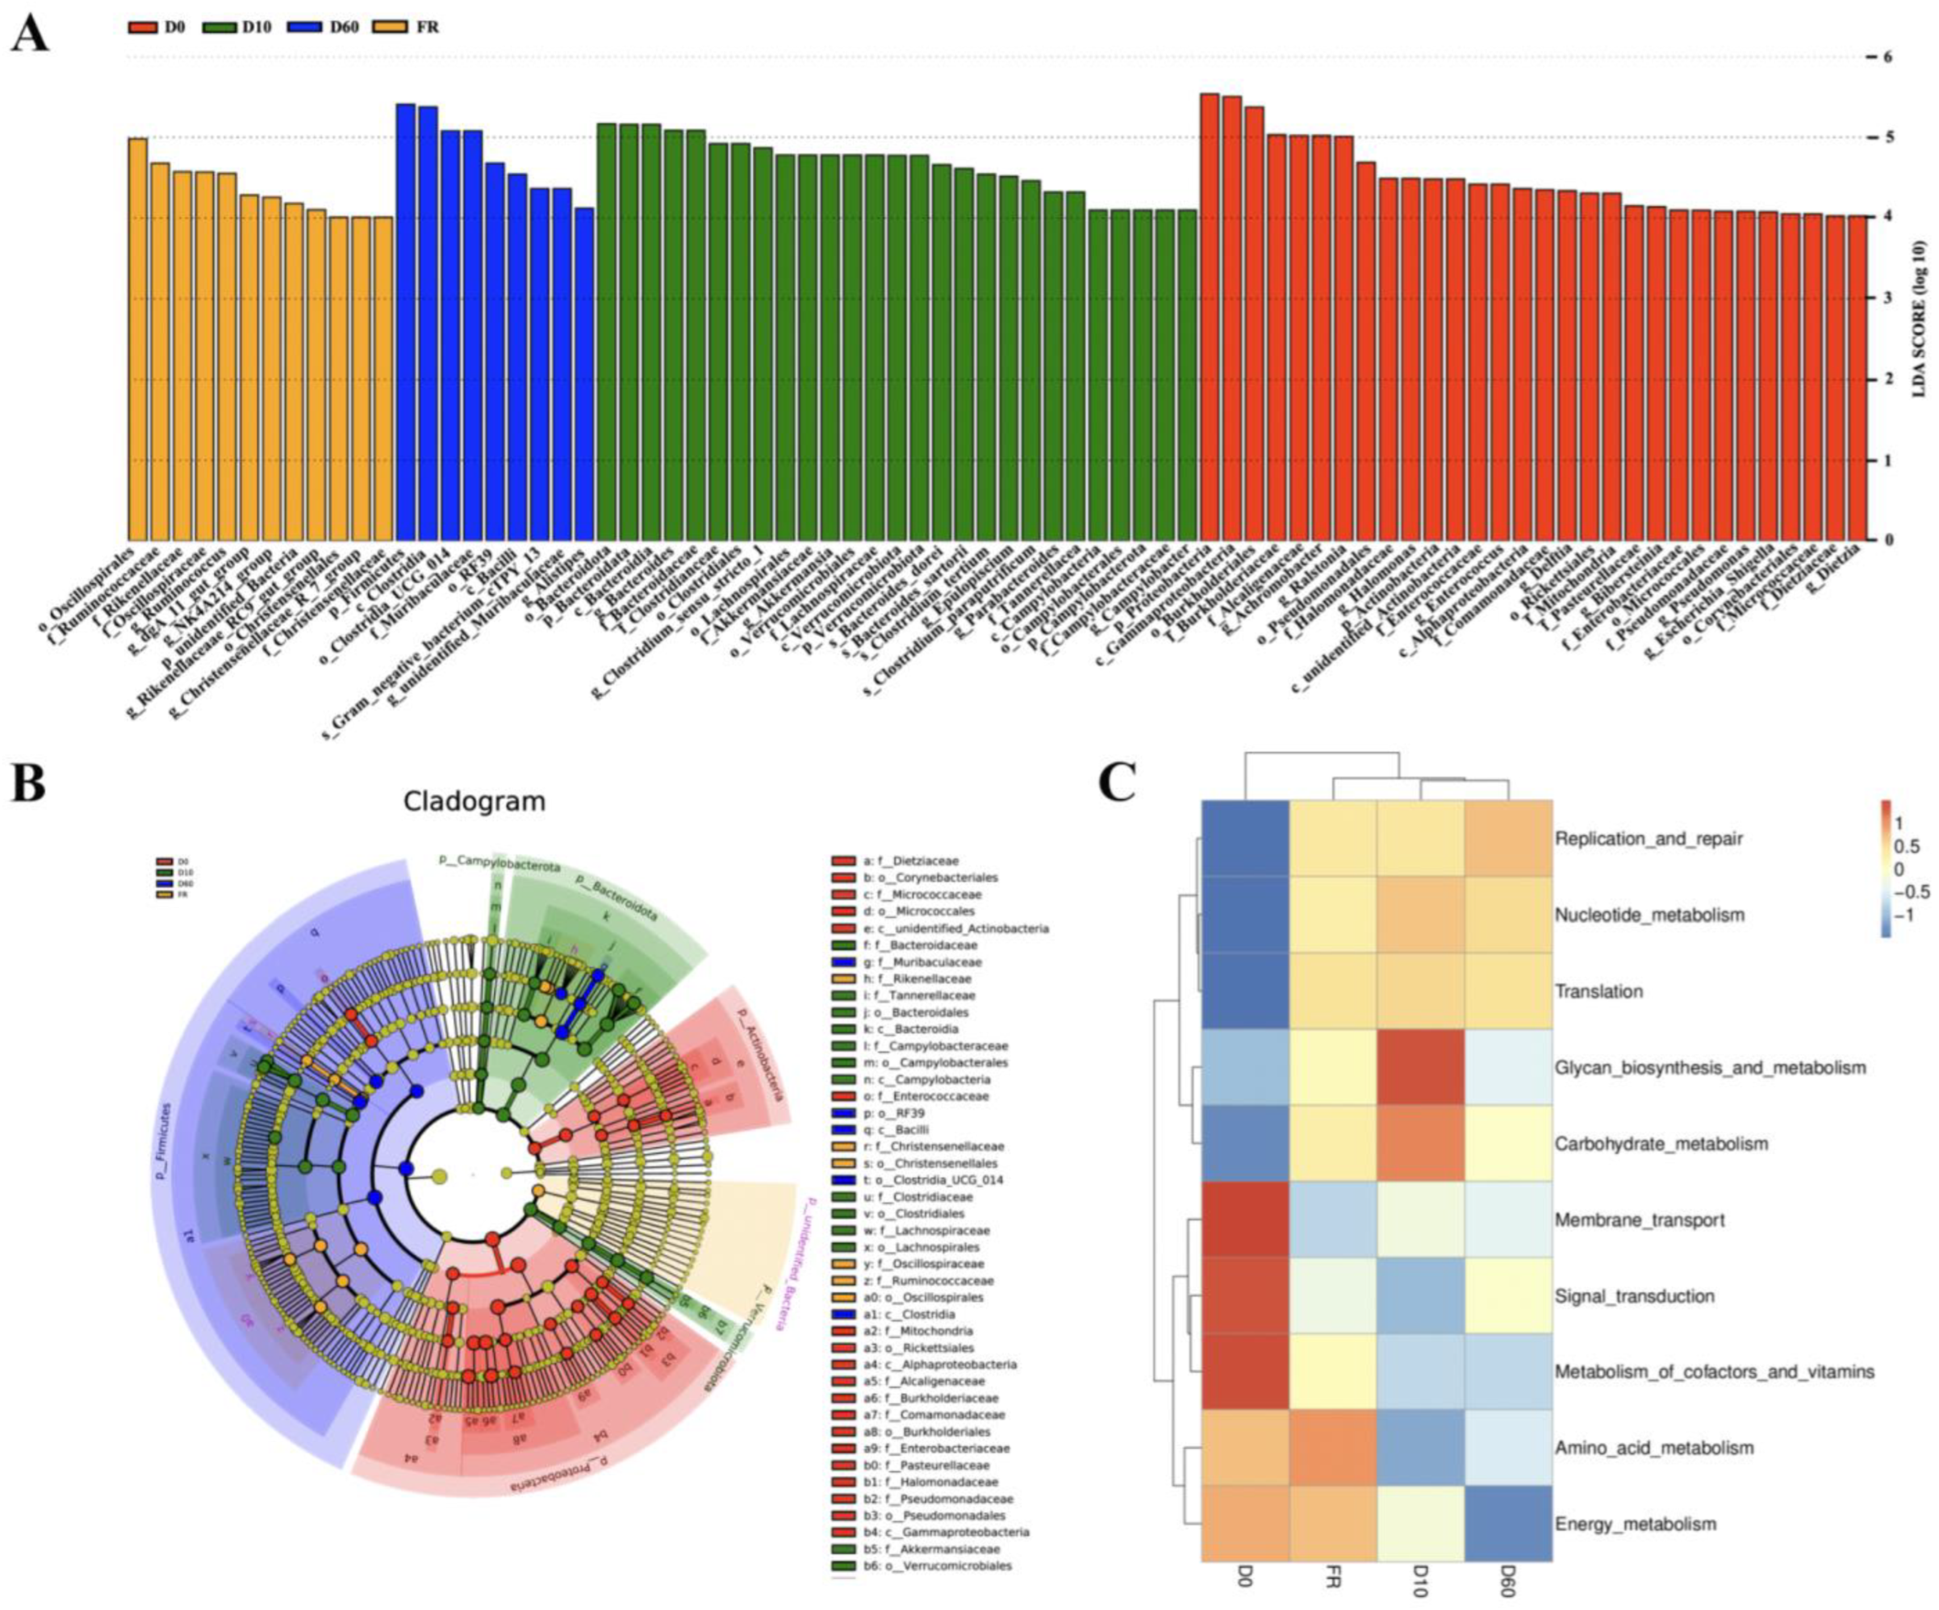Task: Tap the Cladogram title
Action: (474, 801)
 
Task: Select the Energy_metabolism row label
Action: (1635, 1524)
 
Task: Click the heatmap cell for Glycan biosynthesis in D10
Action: (1420, 1068)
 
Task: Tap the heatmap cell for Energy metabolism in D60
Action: (1508, 1524)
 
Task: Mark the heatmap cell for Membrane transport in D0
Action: (1244, 1220)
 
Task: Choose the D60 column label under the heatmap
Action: (1508, 1587)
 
